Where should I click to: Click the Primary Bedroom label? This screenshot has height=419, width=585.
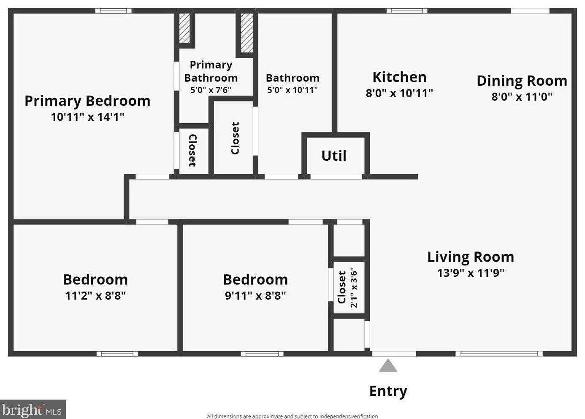87,101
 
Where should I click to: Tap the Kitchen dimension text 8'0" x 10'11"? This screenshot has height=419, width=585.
399,93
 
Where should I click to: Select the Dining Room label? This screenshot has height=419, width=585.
522,81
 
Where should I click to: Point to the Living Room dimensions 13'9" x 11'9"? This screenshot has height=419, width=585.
471,273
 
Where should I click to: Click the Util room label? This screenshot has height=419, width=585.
334,156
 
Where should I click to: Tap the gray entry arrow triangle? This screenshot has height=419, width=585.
388,365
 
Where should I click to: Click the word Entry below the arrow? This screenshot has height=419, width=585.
388,391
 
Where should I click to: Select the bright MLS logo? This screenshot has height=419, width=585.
32,409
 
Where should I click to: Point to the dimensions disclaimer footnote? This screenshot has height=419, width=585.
292,416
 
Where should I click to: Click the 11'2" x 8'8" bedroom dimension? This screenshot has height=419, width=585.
95,296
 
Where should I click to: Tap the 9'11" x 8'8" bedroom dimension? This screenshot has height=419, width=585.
255,296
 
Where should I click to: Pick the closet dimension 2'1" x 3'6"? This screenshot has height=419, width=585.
353,287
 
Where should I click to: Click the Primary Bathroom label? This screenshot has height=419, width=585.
211,71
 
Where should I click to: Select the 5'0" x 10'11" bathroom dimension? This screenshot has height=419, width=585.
292,90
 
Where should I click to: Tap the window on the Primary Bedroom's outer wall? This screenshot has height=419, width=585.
114,11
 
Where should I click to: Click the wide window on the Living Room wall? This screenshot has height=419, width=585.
499,354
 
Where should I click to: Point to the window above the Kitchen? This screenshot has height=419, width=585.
407,11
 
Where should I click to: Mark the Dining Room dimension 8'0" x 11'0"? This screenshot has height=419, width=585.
522,97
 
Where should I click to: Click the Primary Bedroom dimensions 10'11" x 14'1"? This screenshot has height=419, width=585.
87,117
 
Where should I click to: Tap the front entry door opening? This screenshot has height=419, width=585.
394,354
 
